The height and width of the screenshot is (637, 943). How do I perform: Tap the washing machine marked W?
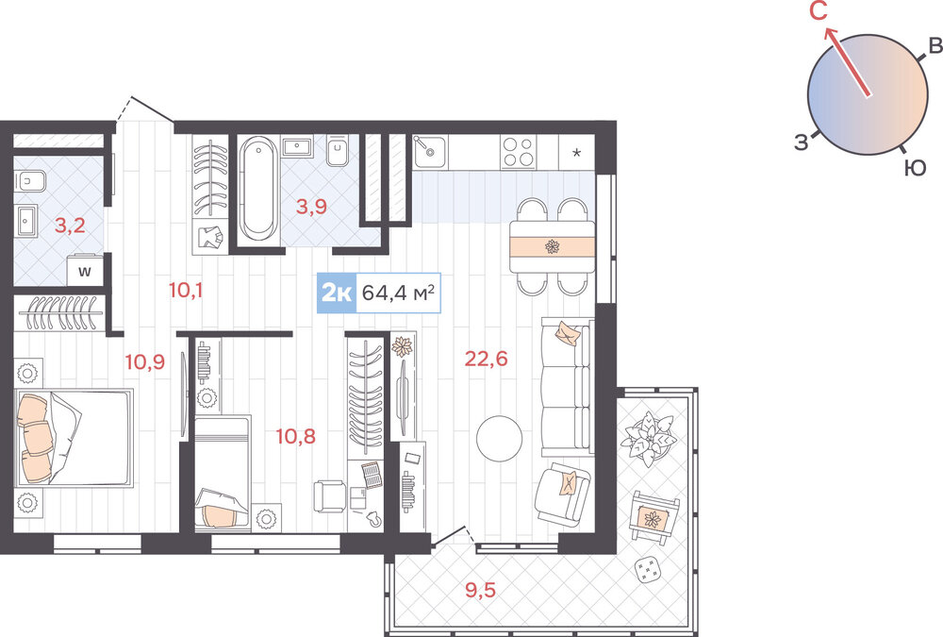point(85,271)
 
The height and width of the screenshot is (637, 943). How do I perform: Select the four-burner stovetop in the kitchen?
point(519,151)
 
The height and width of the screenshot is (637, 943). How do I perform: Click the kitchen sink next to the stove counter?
point(429,151)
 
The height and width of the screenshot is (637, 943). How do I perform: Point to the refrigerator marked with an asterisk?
point(576,152)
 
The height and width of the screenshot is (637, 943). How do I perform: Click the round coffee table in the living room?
point(499,438)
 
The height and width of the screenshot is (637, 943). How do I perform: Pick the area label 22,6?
point(486,359)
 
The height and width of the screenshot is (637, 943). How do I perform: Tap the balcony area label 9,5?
point(481,590)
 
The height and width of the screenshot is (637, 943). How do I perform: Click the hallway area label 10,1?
point(186,291)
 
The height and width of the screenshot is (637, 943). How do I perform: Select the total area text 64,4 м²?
point(398,293)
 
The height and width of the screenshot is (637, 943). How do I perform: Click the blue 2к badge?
point(337,293)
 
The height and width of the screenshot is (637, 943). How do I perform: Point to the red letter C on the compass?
point(819,11)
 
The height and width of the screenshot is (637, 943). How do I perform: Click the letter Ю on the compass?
point(916,169)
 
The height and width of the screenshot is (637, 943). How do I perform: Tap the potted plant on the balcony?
point(648,438)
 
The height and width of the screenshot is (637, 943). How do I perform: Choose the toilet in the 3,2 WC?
point(29,180)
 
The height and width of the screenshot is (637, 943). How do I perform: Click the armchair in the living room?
point(562,493)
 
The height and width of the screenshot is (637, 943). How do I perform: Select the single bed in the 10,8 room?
point(223,473)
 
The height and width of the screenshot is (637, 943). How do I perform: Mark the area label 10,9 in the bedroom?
point(145,361)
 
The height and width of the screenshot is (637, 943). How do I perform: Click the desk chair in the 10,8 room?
point(329,496)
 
